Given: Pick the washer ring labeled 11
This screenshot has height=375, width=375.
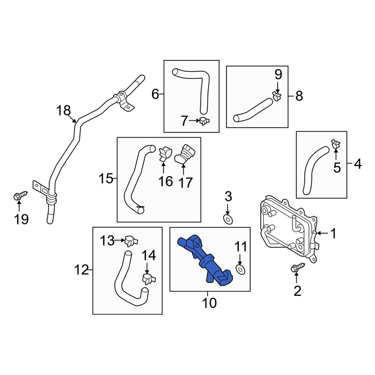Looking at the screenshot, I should (240, 268).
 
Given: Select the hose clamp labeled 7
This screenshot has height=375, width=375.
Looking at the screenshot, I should (204, 121).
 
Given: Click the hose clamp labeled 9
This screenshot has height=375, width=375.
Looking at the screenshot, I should (277, 96).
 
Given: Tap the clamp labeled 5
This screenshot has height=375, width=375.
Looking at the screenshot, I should (336, 143).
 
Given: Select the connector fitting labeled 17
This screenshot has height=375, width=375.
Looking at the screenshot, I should (184, 154).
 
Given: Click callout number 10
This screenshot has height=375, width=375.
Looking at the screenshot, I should (209, 302).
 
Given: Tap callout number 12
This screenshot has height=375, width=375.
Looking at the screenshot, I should (81, 269).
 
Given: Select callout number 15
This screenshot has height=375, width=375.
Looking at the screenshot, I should (106, 178).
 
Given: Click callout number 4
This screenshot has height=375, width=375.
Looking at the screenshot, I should (357, 164).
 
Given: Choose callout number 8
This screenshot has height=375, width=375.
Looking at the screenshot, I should (298, 96).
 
